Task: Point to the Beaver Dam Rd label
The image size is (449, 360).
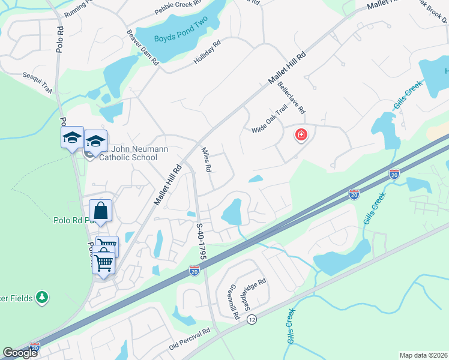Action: pyautogui.click(x=142, y=47)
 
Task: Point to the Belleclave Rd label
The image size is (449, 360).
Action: pyautogui.click(x=292, y=98)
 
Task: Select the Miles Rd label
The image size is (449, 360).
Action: pyautogui.click(x=206, y=160)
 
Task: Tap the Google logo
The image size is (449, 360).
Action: pyautogui.click(x=20, y=353)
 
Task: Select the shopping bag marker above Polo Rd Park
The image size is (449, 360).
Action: pyautogui.click(x=100, y=211)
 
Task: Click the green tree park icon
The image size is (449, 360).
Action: pyautogui.click(x=41, y=296)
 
